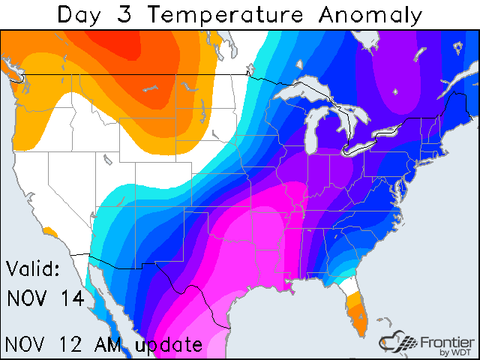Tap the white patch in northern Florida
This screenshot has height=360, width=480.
pos(346,286)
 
